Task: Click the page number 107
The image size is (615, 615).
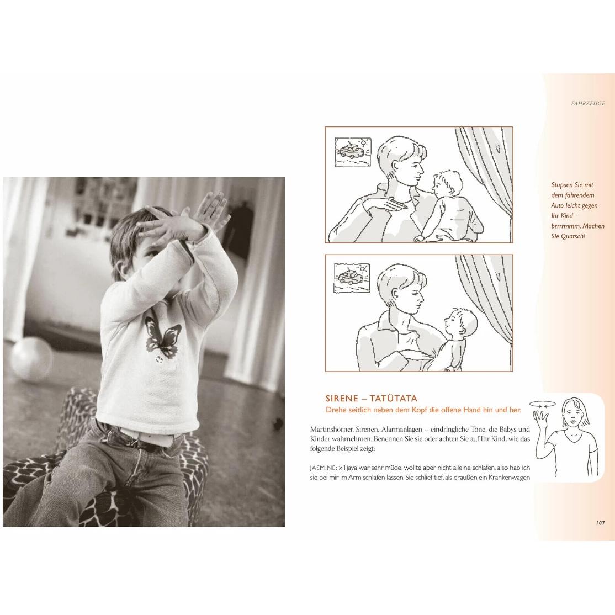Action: point(600,523)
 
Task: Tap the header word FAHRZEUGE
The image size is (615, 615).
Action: point(588,104)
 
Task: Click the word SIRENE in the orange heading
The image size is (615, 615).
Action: point(342,399)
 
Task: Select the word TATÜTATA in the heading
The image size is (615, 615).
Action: point(394,399)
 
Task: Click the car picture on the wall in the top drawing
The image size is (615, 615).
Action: point(353,152)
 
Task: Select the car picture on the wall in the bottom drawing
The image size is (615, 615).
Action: point(352,278)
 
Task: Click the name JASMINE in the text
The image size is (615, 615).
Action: point(323,468)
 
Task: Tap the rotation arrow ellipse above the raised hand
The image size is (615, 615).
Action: point(543,404)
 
